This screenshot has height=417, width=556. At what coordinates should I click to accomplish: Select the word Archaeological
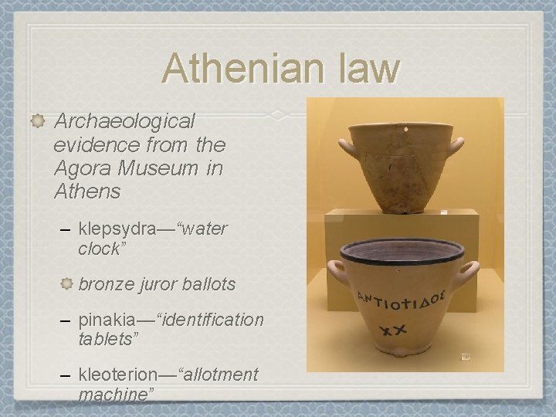click(x=126, y=121)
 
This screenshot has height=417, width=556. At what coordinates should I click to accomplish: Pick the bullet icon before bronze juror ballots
click(x=66, y=284)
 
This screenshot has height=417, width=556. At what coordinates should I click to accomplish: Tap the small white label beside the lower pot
click(x=466, y=358)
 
